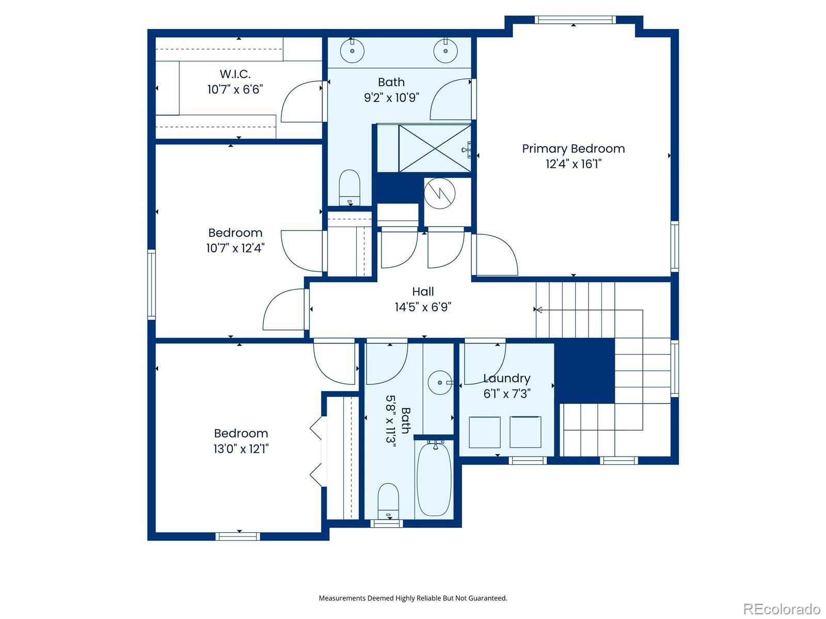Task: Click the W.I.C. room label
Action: (x=235, y=74)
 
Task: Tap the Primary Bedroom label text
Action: (x=573, y=149)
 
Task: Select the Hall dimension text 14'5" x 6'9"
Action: (x=423, y=307)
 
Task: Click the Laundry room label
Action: (x=506, y=378)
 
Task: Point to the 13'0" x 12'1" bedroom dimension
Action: (x=241, y=449)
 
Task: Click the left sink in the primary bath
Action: (x=352, y=51)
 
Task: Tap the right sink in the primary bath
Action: (x=445, y=51)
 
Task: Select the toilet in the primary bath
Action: (x=350, y=188)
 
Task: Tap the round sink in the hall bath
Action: (x=440, y=383)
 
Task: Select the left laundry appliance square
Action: (x=485, y=432)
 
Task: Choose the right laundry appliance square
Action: (x=526, y=432)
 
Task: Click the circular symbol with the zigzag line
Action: (x=439, y=193)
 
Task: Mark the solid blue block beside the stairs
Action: (x=585, y=371)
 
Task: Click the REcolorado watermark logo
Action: (x=782, y=609)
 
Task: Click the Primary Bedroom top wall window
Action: (x=575, y=20)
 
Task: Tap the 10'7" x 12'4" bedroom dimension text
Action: (x=235, y=248)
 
